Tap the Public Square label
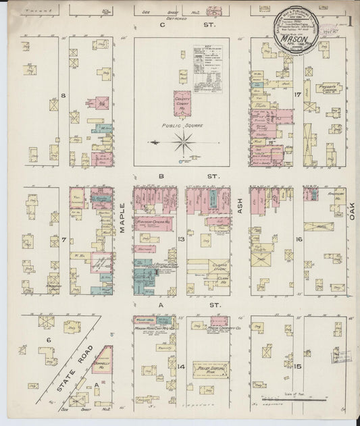[x=181, y=126]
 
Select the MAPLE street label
[x=123, y=218]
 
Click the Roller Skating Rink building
[x=210, y=369]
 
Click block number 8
[x=63, y=95]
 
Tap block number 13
[x=181, y=239]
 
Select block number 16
[x=298, y=239]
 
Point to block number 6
[x=49, y=340]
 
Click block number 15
[x=297, y=365]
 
